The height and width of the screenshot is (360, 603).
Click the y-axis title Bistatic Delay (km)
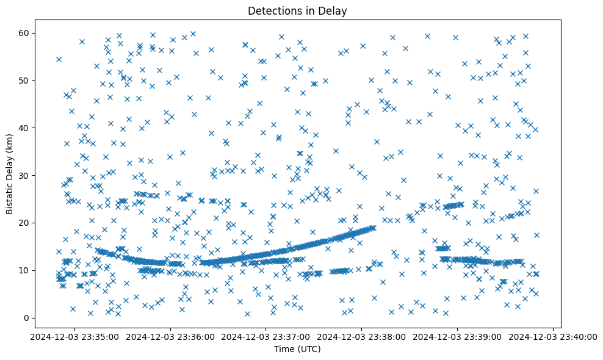pyautogui.click(x=10, y=167)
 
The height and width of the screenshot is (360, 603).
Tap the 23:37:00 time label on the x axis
pyautogui.click(x=266, y=336)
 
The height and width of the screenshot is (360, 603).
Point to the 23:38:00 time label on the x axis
pyautogui.click(x=362, y=336)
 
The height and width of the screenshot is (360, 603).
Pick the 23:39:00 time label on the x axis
pyautogui.click(x=458, y=336)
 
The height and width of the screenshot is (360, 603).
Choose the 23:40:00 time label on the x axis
pyautogui.click(x=554, y=336)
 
